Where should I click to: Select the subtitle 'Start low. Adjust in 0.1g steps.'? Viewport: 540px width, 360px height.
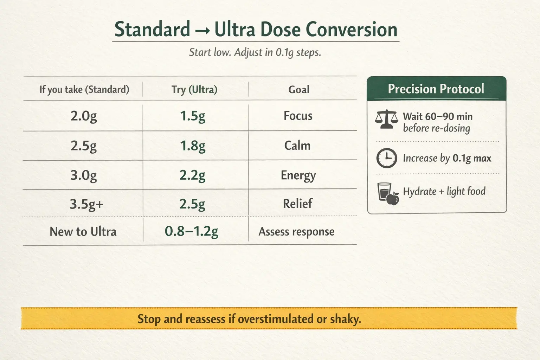255,53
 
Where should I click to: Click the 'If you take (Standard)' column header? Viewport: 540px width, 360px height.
84,90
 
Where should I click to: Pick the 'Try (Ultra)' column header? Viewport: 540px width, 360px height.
194,90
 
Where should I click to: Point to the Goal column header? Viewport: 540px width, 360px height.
299,90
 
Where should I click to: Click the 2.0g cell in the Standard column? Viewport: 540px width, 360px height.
84,116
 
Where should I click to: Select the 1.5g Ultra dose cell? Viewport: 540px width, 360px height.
193,116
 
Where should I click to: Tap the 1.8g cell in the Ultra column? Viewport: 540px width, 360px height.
193,146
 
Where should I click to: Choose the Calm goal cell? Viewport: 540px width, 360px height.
297,146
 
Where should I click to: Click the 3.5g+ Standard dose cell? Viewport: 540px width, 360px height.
86,204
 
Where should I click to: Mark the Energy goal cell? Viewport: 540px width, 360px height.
298,175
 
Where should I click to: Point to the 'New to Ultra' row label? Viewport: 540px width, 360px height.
83,232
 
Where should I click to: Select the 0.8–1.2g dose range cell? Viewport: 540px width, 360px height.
192,231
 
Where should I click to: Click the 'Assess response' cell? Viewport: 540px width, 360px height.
296,232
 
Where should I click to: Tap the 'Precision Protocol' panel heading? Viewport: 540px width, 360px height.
436,89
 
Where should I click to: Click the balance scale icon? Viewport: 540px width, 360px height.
386,120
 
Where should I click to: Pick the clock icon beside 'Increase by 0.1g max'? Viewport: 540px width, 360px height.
386,158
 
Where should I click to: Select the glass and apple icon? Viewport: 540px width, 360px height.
388,193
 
